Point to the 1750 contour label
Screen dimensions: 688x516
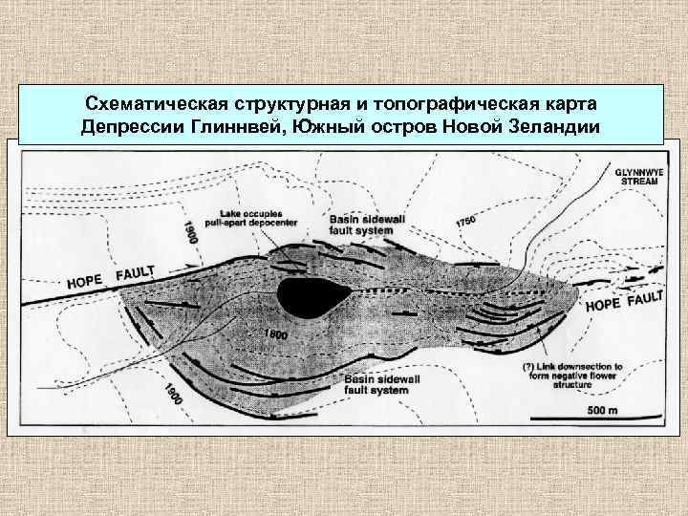(465, 222)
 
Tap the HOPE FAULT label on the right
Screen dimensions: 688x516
(623, 301)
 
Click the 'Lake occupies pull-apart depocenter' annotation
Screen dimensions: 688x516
(258, 217)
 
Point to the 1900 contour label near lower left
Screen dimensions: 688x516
(174, 395)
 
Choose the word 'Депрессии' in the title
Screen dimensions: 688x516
(133, 128)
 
